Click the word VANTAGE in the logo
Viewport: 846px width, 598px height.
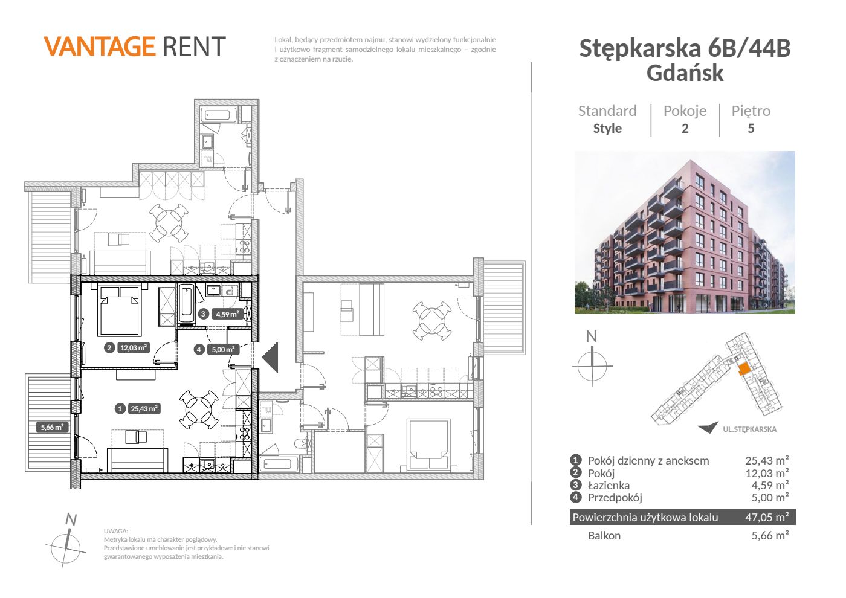100,47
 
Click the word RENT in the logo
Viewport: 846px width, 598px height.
194,47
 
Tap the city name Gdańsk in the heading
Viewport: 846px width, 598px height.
685,73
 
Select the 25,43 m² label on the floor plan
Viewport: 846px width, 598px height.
144,408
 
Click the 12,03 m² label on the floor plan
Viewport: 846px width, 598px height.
134,348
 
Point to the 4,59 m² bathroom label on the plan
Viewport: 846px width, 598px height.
227,314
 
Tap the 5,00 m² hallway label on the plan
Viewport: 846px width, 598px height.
223,350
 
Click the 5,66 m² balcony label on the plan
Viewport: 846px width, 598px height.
53,428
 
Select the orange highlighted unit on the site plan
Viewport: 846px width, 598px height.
744,369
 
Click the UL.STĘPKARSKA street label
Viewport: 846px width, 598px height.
750,429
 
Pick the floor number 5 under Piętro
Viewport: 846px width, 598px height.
751,128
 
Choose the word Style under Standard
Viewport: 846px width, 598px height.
607,128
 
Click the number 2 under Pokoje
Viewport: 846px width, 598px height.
685,128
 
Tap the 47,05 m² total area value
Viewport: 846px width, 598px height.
767,517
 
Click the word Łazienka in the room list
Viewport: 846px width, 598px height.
609,486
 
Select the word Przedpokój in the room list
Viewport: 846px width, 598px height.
615,498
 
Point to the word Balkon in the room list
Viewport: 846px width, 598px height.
604,536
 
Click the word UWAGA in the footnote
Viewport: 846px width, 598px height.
116,531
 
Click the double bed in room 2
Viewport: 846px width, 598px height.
120,310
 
